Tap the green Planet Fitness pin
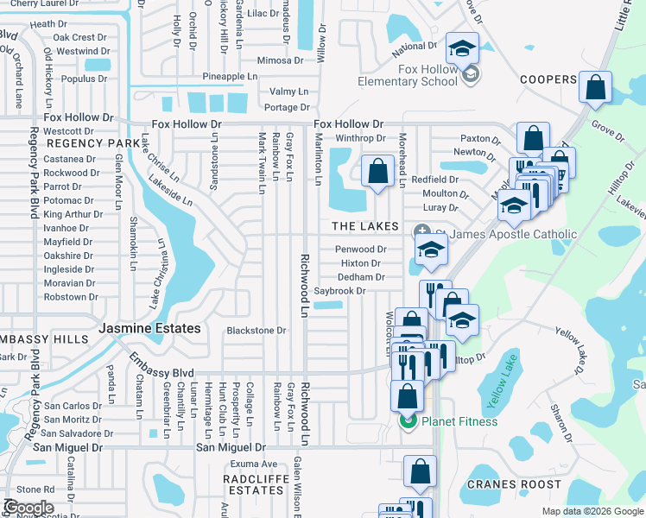pyautogui.click(x=407, y=421)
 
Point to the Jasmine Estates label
pyautogui.click(x=149, y=329)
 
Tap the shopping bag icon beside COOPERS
pyautogui.click(x=596, y=88)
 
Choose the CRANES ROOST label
pyautogui.click(x=515, y=484)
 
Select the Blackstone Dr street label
pyautogui.click(x=256, y=331)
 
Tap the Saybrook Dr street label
pyautogui.click(x=339, y=292)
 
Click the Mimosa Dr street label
pyautogui.click(x=281, y=60)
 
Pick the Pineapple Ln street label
pyautogui.click(x=230, y=77)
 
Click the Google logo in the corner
pyautogui.click(x=29, y=508)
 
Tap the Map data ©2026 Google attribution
pyautogui.click(x=592, y=511)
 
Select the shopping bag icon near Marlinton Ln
pyautogui.click(x=377, y=172)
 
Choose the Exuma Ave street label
pyautogui.click(x=257, y=464)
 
